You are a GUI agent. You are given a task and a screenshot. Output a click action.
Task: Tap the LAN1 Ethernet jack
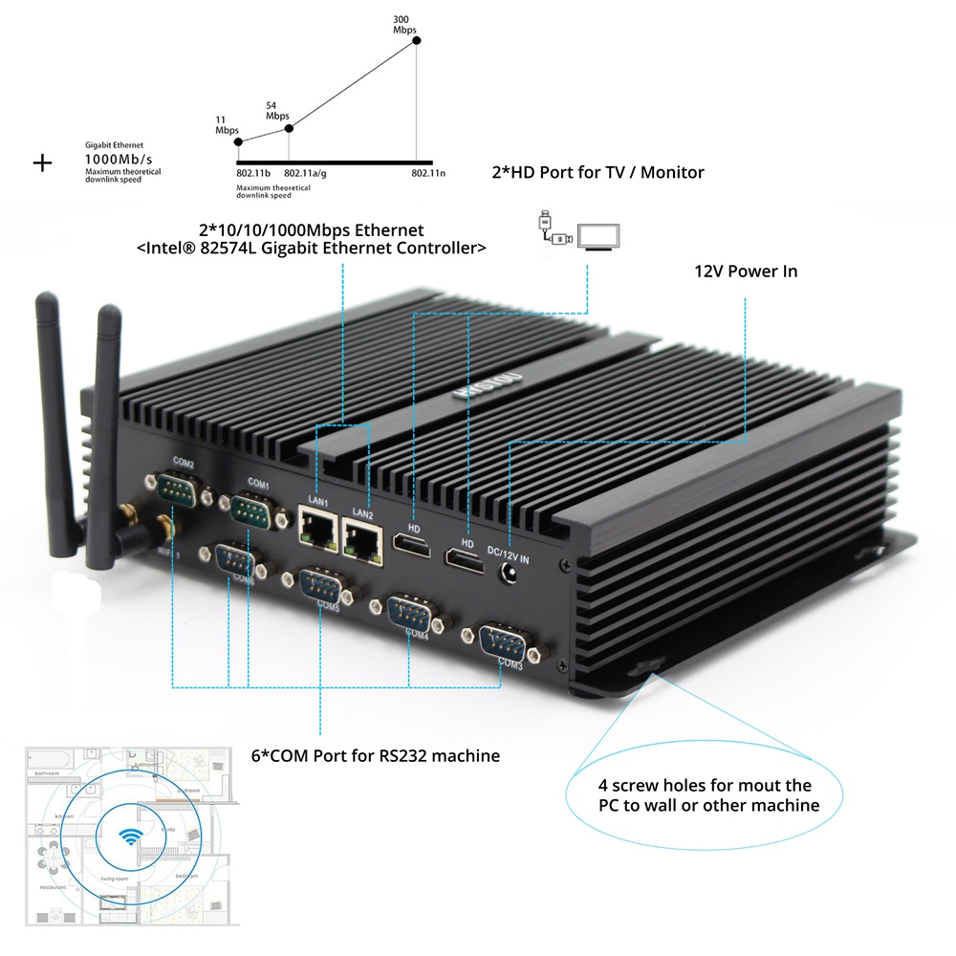point(317,528)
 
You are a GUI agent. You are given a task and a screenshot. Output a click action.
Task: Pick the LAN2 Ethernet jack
point(362,541)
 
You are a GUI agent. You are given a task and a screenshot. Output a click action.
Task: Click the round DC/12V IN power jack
point(511,575)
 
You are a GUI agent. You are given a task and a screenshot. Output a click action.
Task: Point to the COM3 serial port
point(502,641)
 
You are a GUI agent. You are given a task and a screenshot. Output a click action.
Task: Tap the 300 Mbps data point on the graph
point(416,39)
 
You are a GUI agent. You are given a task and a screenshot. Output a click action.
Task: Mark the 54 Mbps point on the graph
point(290,127)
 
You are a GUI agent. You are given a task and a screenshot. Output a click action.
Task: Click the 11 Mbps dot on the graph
point(238,142)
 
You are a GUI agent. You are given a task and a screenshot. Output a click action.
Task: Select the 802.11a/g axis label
point(306,174)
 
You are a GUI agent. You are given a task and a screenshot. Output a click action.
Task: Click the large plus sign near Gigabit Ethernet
point(42,163)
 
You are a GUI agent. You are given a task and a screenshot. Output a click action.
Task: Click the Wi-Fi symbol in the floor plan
point(125,833)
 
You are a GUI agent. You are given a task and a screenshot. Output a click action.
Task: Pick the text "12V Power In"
point(746,272)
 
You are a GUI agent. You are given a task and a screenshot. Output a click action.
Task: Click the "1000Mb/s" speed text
point(119,159)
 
